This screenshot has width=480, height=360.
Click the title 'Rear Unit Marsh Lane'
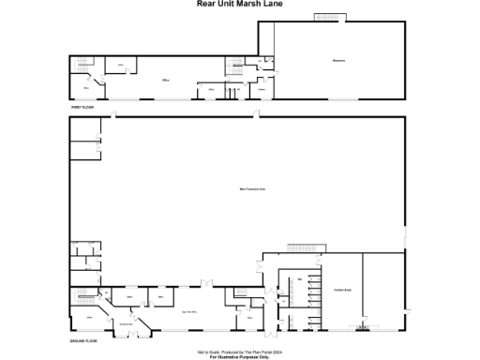pyautogui.click(x=240, y=4)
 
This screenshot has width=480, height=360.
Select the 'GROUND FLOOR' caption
pyautogui.click(x=84, y=341)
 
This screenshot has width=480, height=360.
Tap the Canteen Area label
pyautogui.click(x=340, y=290)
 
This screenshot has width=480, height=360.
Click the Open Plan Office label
pyautogui.click(x=187, y=310)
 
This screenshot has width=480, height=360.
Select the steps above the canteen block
pyautogui.click(x=299, y=246)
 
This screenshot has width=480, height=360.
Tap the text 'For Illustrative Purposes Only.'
pyautogui.click(x=240, y=357)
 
